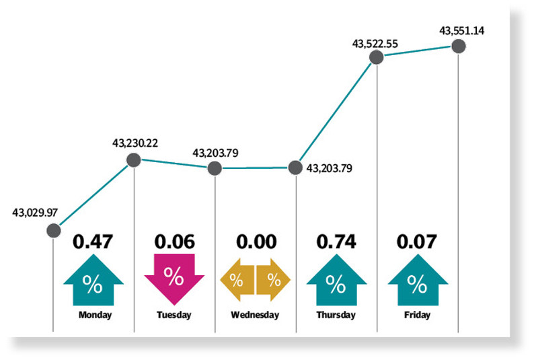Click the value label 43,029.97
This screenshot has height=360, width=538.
[x=35, y=213]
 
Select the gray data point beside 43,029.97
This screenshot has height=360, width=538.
[x=53, y=231]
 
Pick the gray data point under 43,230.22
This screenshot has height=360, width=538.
[x=134, y=160]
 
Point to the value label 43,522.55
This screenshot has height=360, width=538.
[x=375, y=44]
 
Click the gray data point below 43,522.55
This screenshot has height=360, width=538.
[x=377, y=59]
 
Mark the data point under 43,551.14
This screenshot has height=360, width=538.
[x=458, y=46]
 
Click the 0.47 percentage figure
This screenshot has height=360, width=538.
[x=93, y=241]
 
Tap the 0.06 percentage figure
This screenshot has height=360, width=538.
[x=174, y=241]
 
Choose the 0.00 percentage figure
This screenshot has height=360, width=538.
[x=256, y=241]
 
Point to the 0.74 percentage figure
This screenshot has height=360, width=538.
[x=336, y=241]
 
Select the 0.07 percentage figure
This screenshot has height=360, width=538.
[x=417, y=241]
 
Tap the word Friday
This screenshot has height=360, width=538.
[x=417, y=315]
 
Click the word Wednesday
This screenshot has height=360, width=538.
[x=255, y=315]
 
